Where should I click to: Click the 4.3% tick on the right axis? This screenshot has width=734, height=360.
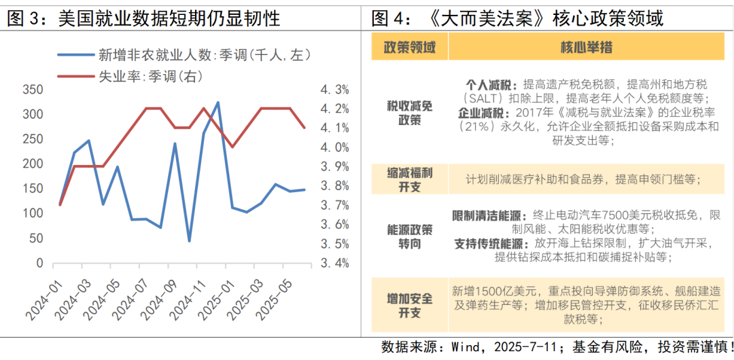[x=335, y=90]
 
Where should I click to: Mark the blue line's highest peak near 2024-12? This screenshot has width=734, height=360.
[x=217, y=103]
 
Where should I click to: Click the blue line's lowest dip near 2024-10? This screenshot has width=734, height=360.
[x=189, y=240]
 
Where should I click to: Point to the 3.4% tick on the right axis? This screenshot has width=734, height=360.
[x=335, y=263]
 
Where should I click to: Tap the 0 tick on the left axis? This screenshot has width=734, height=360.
[x=39, y=263]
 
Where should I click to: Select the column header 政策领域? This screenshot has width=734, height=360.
[x=410, y=48]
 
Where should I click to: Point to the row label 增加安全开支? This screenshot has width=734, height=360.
[x=410, y=305]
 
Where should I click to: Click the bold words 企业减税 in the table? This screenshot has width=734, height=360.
[x=480, y=112]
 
